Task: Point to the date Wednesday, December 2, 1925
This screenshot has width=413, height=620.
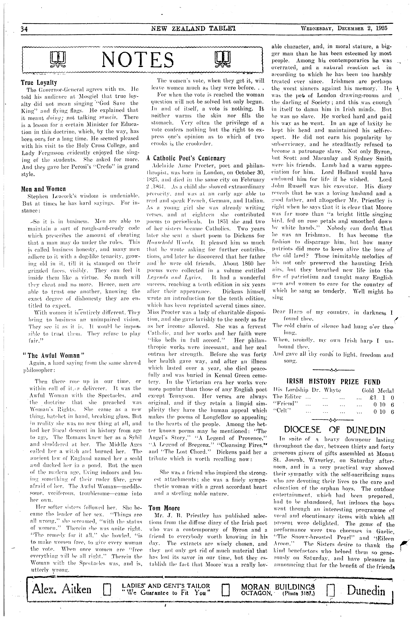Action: [344, 28]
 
